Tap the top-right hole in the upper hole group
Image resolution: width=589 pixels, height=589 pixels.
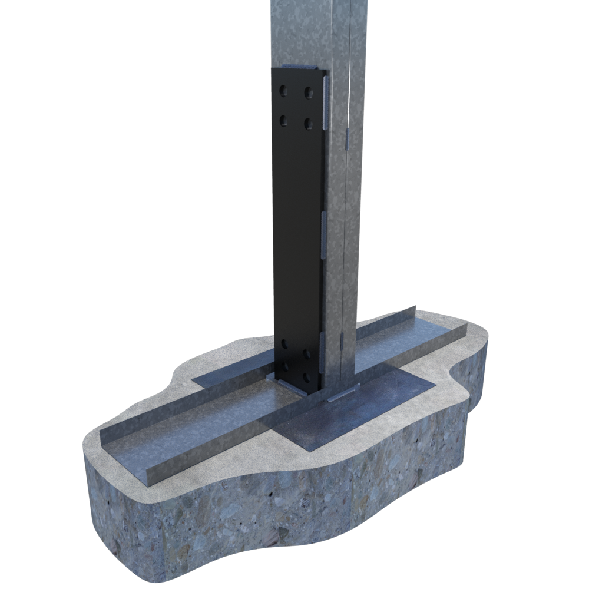click(x=307, y=92)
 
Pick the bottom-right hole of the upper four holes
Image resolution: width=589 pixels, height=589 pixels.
click(x=307, y=123)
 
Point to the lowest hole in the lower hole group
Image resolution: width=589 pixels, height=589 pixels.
click(x=307, y=378)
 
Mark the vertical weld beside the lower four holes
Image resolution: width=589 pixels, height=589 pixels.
click(x=322, y=353)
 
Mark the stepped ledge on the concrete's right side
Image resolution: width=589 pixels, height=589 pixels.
click(x=465, y=401)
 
